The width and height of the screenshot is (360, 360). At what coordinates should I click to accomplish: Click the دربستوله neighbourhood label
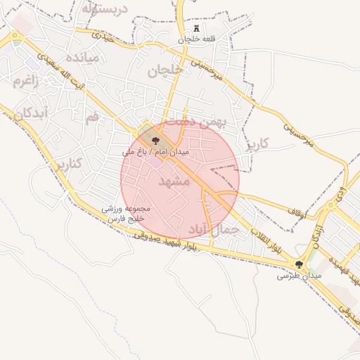(x=103, y=9)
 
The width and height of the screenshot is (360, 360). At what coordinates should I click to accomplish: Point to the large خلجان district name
(x=165, y=70)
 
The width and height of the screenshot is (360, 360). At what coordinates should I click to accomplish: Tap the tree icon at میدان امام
(x=155, y=141)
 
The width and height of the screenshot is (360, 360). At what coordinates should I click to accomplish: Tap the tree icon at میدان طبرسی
(x=299, y=264)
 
